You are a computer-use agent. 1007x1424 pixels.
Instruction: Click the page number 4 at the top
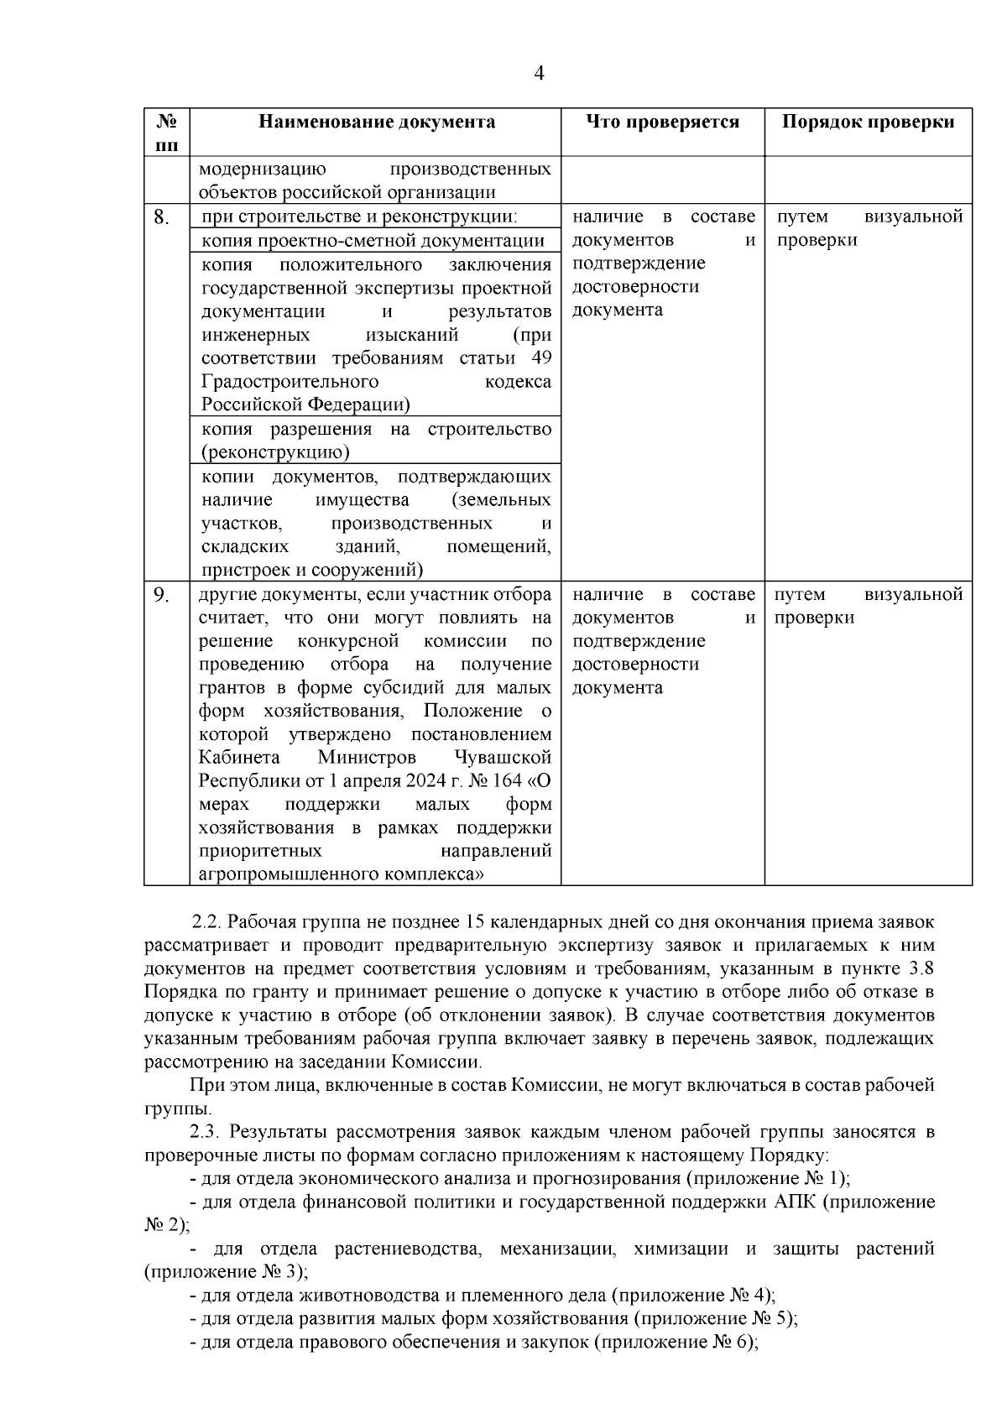point(539,74)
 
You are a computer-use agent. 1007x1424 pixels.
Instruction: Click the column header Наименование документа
point(376,122)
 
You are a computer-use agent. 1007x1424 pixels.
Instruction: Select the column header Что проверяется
point(662,122)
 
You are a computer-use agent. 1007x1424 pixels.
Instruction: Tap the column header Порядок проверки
point(868,122)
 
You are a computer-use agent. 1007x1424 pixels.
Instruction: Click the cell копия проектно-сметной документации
point(373,241)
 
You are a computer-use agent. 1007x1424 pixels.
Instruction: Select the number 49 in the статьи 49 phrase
point(542,358)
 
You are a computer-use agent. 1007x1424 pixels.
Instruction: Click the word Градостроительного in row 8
point(290,382)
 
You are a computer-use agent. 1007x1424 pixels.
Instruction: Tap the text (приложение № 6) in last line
point(675,1342)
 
